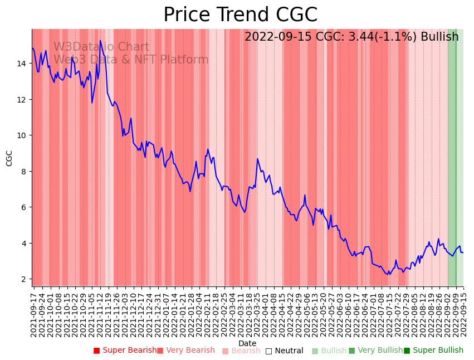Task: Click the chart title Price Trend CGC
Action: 240,15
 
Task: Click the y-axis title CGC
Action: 9,158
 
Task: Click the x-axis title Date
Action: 247,343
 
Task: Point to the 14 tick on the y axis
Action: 23,64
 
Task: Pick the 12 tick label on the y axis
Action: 23,99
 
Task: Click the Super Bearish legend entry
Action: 125,351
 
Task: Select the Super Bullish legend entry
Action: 433,351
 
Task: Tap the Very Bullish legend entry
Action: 375,351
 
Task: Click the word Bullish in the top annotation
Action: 439,37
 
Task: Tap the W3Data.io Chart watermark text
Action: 101,47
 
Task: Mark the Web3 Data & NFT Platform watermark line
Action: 131,60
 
